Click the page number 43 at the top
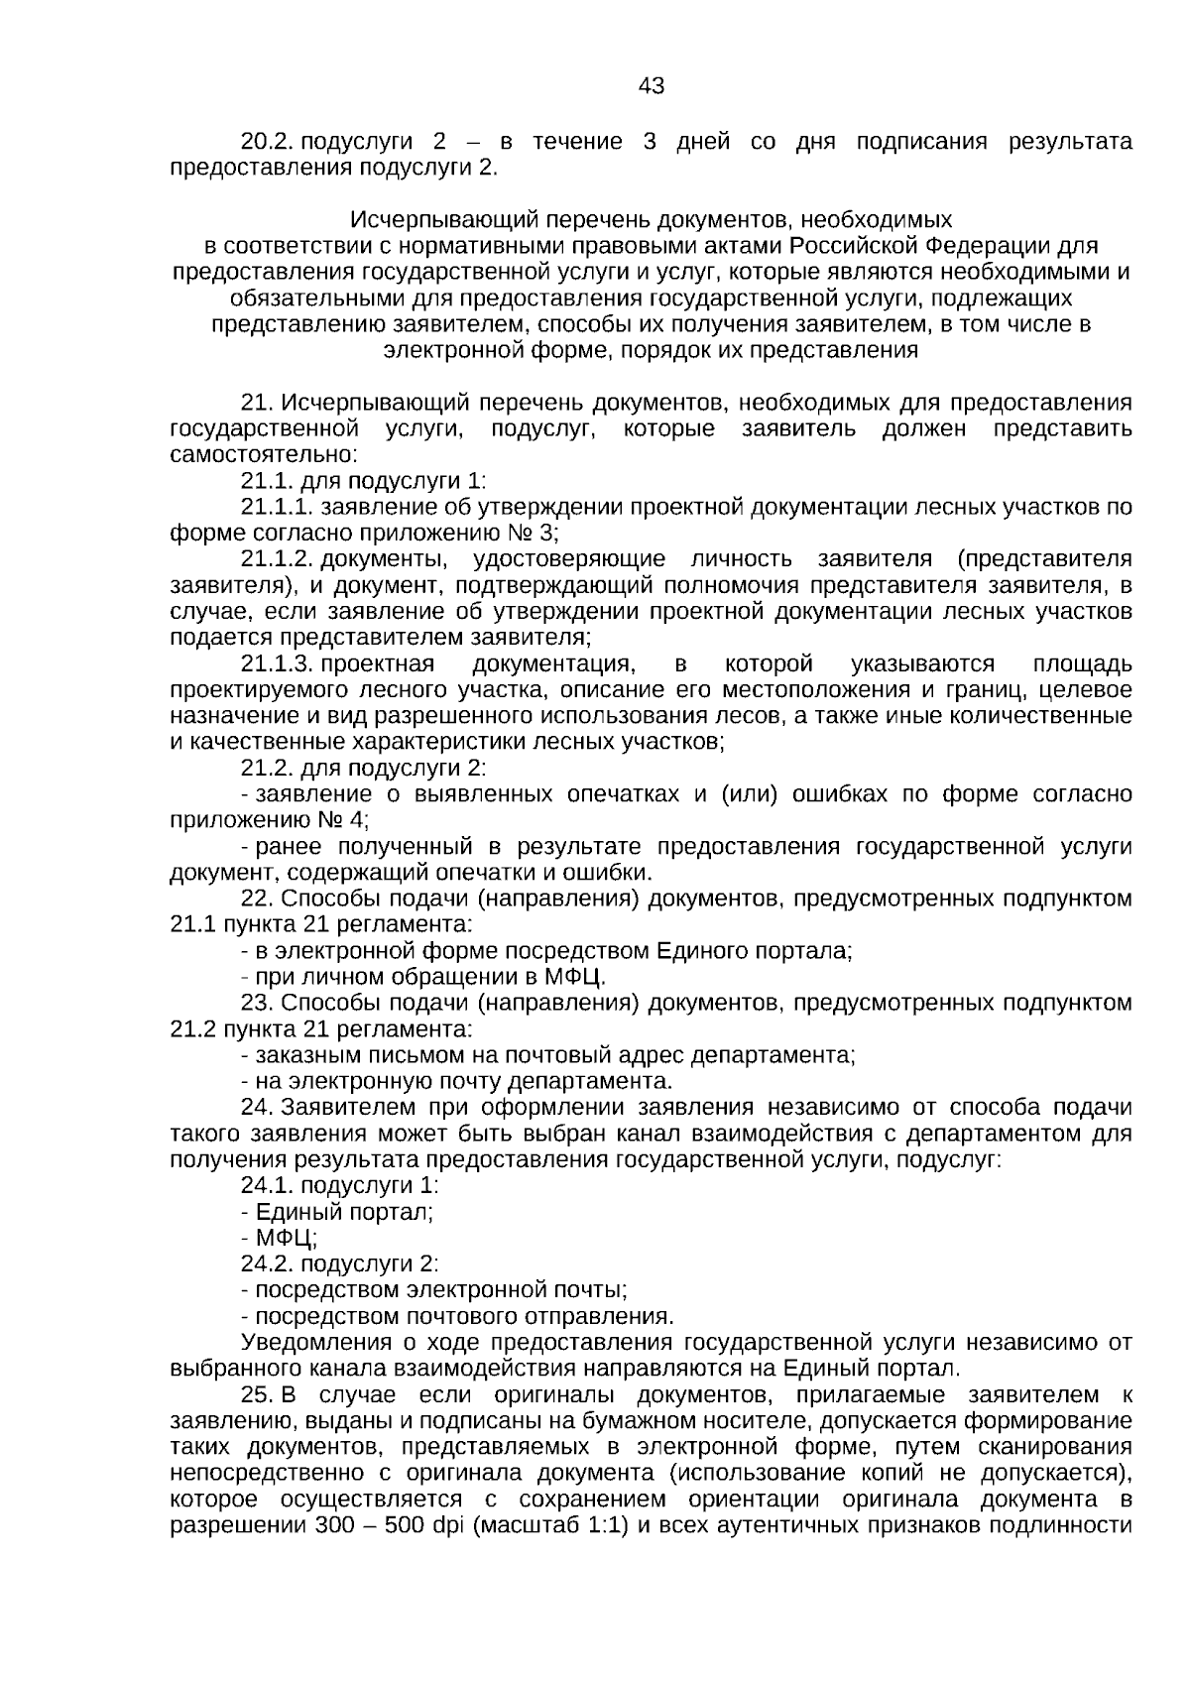(652, 86)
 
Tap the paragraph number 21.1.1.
(277, 508)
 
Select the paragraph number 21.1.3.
(277, 663)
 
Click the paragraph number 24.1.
(264, 1185)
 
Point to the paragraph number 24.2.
(264, 1263)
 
